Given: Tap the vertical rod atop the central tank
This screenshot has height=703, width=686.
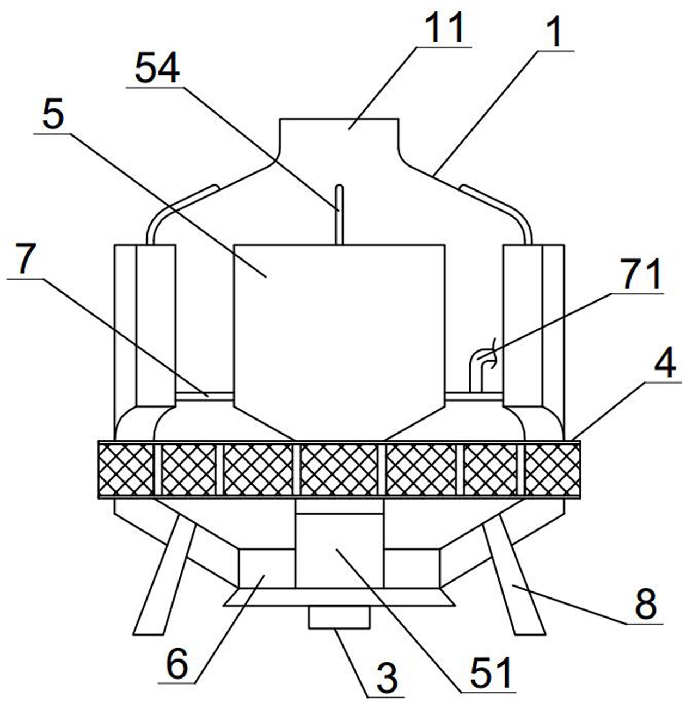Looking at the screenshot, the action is tap(339, 215).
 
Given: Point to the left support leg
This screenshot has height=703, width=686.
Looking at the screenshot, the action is tap(164, 575).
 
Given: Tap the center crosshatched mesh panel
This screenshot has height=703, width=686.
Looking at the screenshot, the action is tap(339, 470).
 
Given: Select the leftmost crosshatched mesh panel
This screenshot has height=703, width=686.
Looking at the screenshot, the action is tap(126, 470).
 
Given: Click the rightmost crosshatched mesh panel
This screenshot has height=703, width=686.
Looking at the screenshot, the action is tap(552, 470).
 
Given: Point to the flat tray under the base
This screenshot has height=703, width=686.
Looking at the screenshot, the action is tap(339, 597).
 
